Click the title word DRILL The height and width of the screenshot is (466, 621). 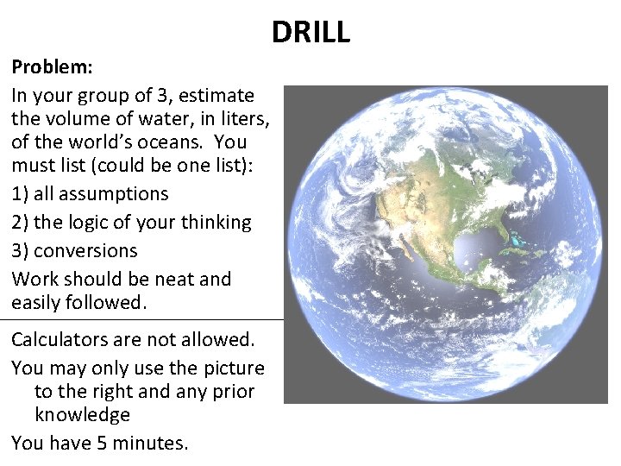(x=310, y=32)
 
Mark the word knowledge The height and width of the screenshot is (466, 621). (x=82, y=414)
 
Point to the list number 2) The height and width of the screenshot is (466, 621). (x=21, y=222)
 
